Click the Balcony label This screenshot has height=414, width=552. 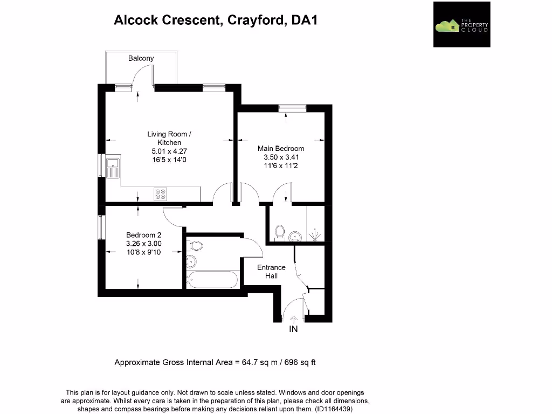tap(141, 58)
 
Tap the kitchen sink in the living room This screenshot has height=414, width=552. tap(114, 168)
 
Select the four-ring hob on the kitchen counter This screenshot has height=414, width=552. tap(161, 194)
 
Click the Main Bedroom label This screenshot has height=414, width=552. tap(281, 148)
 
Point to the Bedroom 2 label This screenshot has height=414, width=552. tap(143, 235)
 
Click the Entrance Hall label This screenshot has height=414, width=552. tap(271, 271)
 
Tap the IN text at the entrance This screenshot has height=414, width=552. tap(294, 329)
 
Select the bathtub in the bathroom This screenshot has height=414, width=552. tap(212, 279)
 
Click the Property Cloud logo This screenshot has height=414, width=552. tap(461, 24)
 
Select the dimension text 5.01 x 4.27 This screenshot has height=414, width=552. tap(169, 151)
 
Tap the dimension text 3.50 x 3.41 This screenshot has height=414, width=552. tap(281, 157)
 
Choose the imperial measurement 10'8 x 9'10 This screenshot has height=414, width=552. tap(143, 252)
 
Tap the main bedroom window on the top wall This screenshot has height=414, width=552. tap(292, 107)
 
